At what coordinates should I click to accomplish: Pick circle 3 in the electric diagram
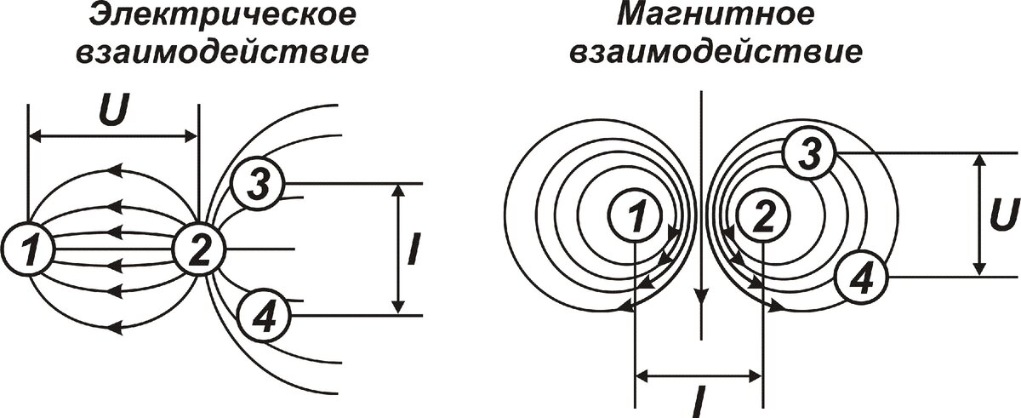pyautogui.click(x=260, y=183)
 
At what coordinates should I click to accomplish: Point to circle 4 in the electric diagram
pyautogui.click(x=263, y=316)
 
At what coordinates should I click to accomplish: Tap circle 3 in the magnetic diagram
pyautogui.click(x=811, y=152)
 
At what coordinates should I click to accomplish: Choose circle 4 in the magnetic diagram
pyautogui.click(x=861, y=277)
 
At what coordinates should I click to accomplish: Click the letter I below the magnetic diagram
pyautogui.click(x=697, y=401)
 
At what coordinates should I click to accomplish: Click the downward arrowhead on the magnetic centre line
pyautogui.click(x=700, y=298)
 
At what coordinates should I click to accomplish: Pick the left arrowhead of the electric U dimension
pyautogui.click(x=36, y=135)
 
